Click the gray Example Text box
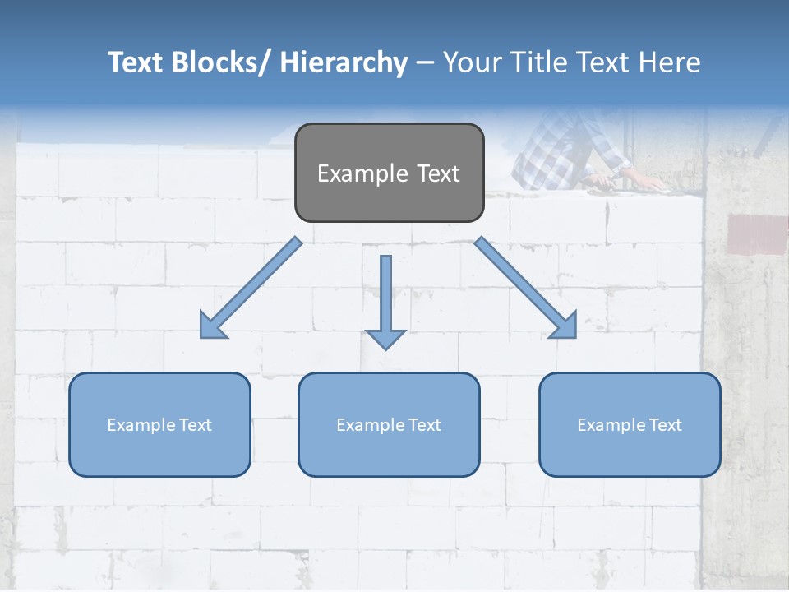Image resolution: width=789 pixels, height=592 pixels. (x=389, y=173)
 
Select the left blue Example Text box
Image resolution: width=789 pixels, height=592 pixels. (x=159, y=424)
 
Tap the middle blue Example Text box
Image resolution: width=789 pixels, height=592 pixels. (x=389, y=424)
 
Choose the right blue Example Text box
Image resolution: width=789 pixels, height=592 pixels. (x=630, y=424)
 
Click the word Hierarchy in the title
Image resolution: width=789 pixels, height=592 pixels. (x=344, y=62)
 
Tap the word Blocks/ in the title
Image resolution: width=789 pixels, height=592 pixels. (x=219, y=62)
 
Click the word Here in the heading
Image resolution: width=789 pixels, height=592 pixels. (x=667, y=62)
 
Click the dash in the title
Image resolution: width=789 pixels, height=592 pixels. (x=425, y=63)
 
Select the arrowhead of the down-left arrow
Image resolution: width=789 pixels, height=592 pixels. (x=212, y=326)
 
